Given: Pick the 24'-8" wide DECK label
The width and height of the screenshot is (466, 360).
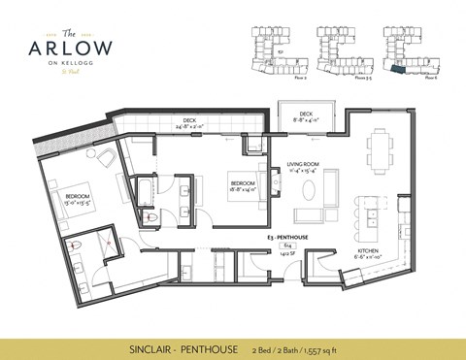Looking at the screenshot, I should [190, 122].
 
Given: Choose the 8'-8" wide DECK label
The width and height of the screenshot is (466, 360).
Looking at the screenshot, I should [306, 116].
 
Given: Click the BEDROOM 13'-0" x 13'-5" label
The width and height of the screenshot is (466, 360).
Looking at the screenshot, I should [79, 201].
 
